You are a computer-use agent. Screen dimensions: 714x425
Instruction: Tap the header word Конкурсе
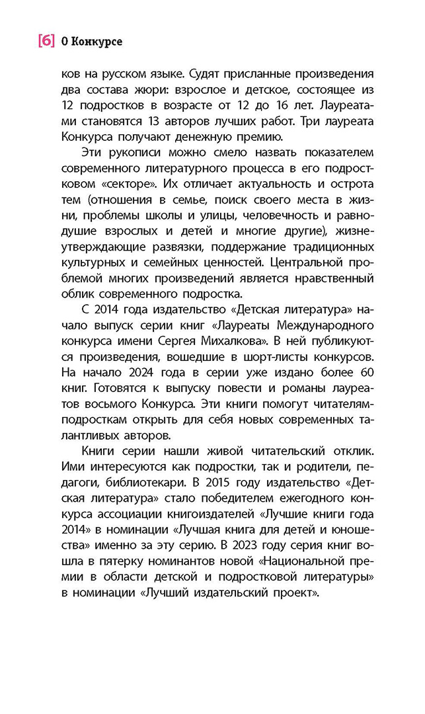[97, 42]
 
